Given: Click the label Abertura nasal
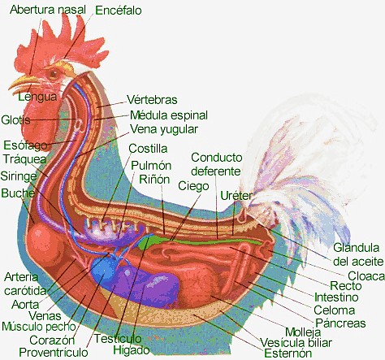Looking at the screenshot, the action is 48,10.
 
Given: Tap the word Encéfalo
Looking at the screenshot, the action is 119,11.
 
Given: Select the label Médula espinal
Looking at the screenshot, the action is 169,115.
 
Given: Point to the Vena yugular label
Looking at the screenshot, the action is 164,129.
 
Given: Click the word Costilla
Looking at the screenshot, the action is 148,149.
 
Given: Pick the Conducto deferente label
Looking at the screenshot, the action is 216,164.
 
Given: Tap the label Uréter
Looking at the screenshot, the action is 236,195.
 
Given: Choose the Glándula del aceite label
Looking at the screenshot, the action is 358,254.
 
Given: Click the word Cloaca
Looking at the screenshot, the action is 366,275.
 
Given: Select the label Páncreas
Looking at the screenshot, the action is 340,323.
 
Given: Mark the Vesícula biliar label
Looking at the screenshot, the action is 296,343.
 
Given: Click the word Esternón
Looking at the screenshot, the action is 288,353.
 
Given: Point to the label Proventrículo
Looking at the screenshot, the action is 54,353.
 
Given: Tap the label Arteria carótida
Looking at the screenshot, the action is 25,284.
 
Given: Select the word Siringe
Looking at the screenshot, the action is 19,176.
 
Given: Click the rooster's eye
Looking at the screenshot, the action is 54,74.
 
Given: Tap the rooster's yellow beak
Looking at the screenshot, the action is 23,83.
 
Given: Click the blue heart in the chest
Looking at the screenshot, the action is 104,269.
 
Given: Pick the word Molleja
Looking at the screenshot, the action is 303,332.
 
